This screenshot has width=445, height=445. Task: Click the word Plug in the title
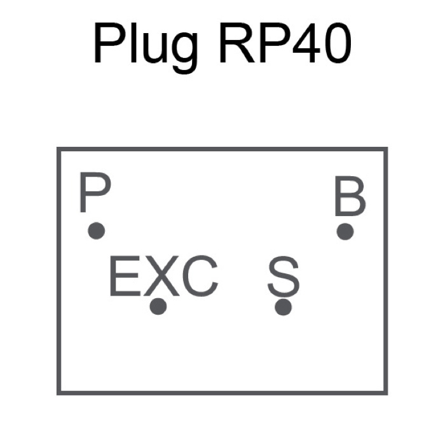(x=145, y=46)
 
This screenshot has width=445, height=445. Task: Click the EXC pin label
(x=163, y=277)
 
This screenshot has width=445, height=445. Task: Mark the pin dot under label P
(x=96, y=231)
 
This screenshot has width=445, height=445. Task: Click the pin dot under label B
(x=345, y=231)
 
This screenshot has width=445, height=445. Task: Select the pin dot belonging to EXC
(x=158, y=306)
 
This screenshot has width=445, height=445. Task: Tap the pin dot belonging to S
(x=284, y=307)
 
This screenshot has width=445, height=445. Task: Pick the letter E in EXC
(x=124, y=277)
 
